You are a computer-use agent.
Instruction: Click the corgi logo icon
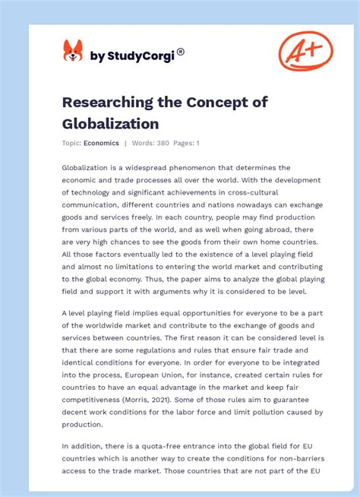click(73, 51)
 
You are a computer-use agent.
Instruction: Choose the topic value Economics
click(102, 142)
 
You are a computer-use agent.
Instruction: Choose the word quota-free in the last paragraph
click(147, 446)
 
